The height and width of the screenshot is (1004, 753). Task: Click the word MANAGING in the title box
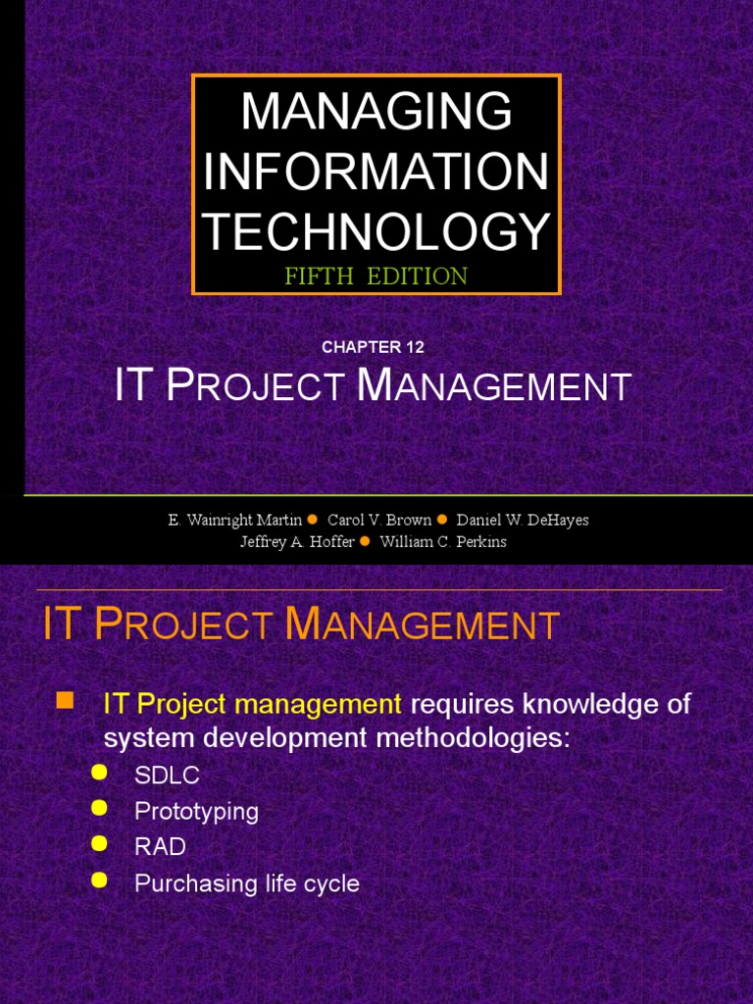point(376,112)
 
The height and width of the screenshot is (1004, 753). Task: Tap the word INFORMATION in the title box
point(376,173)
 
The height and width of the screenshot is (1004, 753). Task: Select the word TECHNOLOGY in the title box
point(376,232)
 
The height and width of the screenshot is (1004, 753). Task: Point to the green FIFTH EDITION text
point(376,276)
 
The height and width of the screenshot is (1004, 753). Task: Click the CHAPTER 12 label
point(373,347)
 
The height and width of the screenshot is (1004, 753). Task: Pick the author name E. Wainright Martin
point(234,520)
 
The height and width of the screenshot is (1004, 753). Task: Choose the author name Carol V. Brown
point(379,520)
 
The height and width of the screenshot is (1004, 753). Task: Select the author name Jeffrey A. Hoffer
point(297,542)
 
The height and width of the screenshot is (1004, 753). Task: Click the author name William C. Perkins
point(443,542)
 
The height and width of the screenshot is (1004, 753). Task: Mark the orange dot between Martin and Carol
point(313,520)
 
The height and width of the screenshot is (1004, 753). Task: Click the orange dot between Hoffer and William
point(366,541)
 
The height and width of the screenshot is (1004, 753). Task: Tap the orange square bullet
point(65,700)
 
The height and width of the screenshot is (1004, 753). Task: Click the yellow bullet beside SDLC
point(98,773)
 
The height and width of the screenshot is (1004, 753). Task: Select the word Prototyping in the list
point(196,812)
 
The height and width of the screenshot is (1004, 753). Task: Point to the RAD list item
point(160,847)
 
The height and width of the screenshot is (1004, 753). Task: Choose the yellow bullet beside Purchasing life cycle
point(98,880)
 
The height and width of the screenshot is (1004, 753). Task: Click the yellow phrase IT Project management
point(252,704)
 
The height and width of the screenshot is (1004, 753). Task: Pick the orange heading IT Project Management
point(301,626)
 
